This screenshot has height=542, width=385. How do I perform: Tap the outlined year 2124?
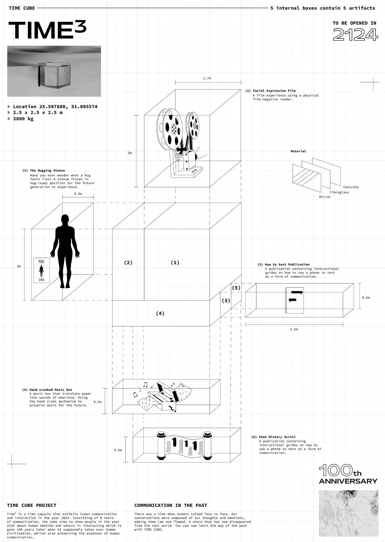click(x=355, y=35)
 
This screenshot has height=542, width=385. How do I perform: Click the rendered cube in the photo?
click(x=54, y=75)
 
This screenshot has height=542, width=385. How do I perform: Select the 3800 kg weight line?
click(x=23, y=119)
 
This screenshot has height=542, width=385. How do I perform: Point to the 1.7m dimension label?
click(x=207, y=78)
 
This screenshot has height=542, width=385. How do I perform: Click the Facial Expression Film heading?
click(x=274, y=91)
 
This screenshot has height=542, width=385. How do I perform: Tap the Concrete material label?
click(x=351, y=187)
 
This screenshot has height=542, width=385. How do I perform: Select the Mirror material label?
click(x=325, y=197)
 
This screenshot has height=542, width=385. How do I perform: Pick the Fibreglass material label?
click(x=339, y=192)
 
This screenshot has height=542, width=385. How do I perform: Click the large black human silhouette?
click(x=65, y=251)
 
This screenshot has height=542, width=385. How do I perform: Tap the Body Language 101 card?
click(x=41, y=270)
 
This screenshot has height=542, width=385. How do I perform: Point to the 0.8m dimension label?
click(x=78, y=194)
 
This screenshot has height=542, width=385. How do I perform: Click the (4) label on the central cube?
click(x=160, y=313)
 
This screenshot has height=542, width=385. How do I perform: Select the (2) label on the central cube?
click(x=128, y=263)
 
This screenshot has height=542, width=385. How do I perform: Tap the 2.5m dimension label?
click(x=294, y=329)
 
